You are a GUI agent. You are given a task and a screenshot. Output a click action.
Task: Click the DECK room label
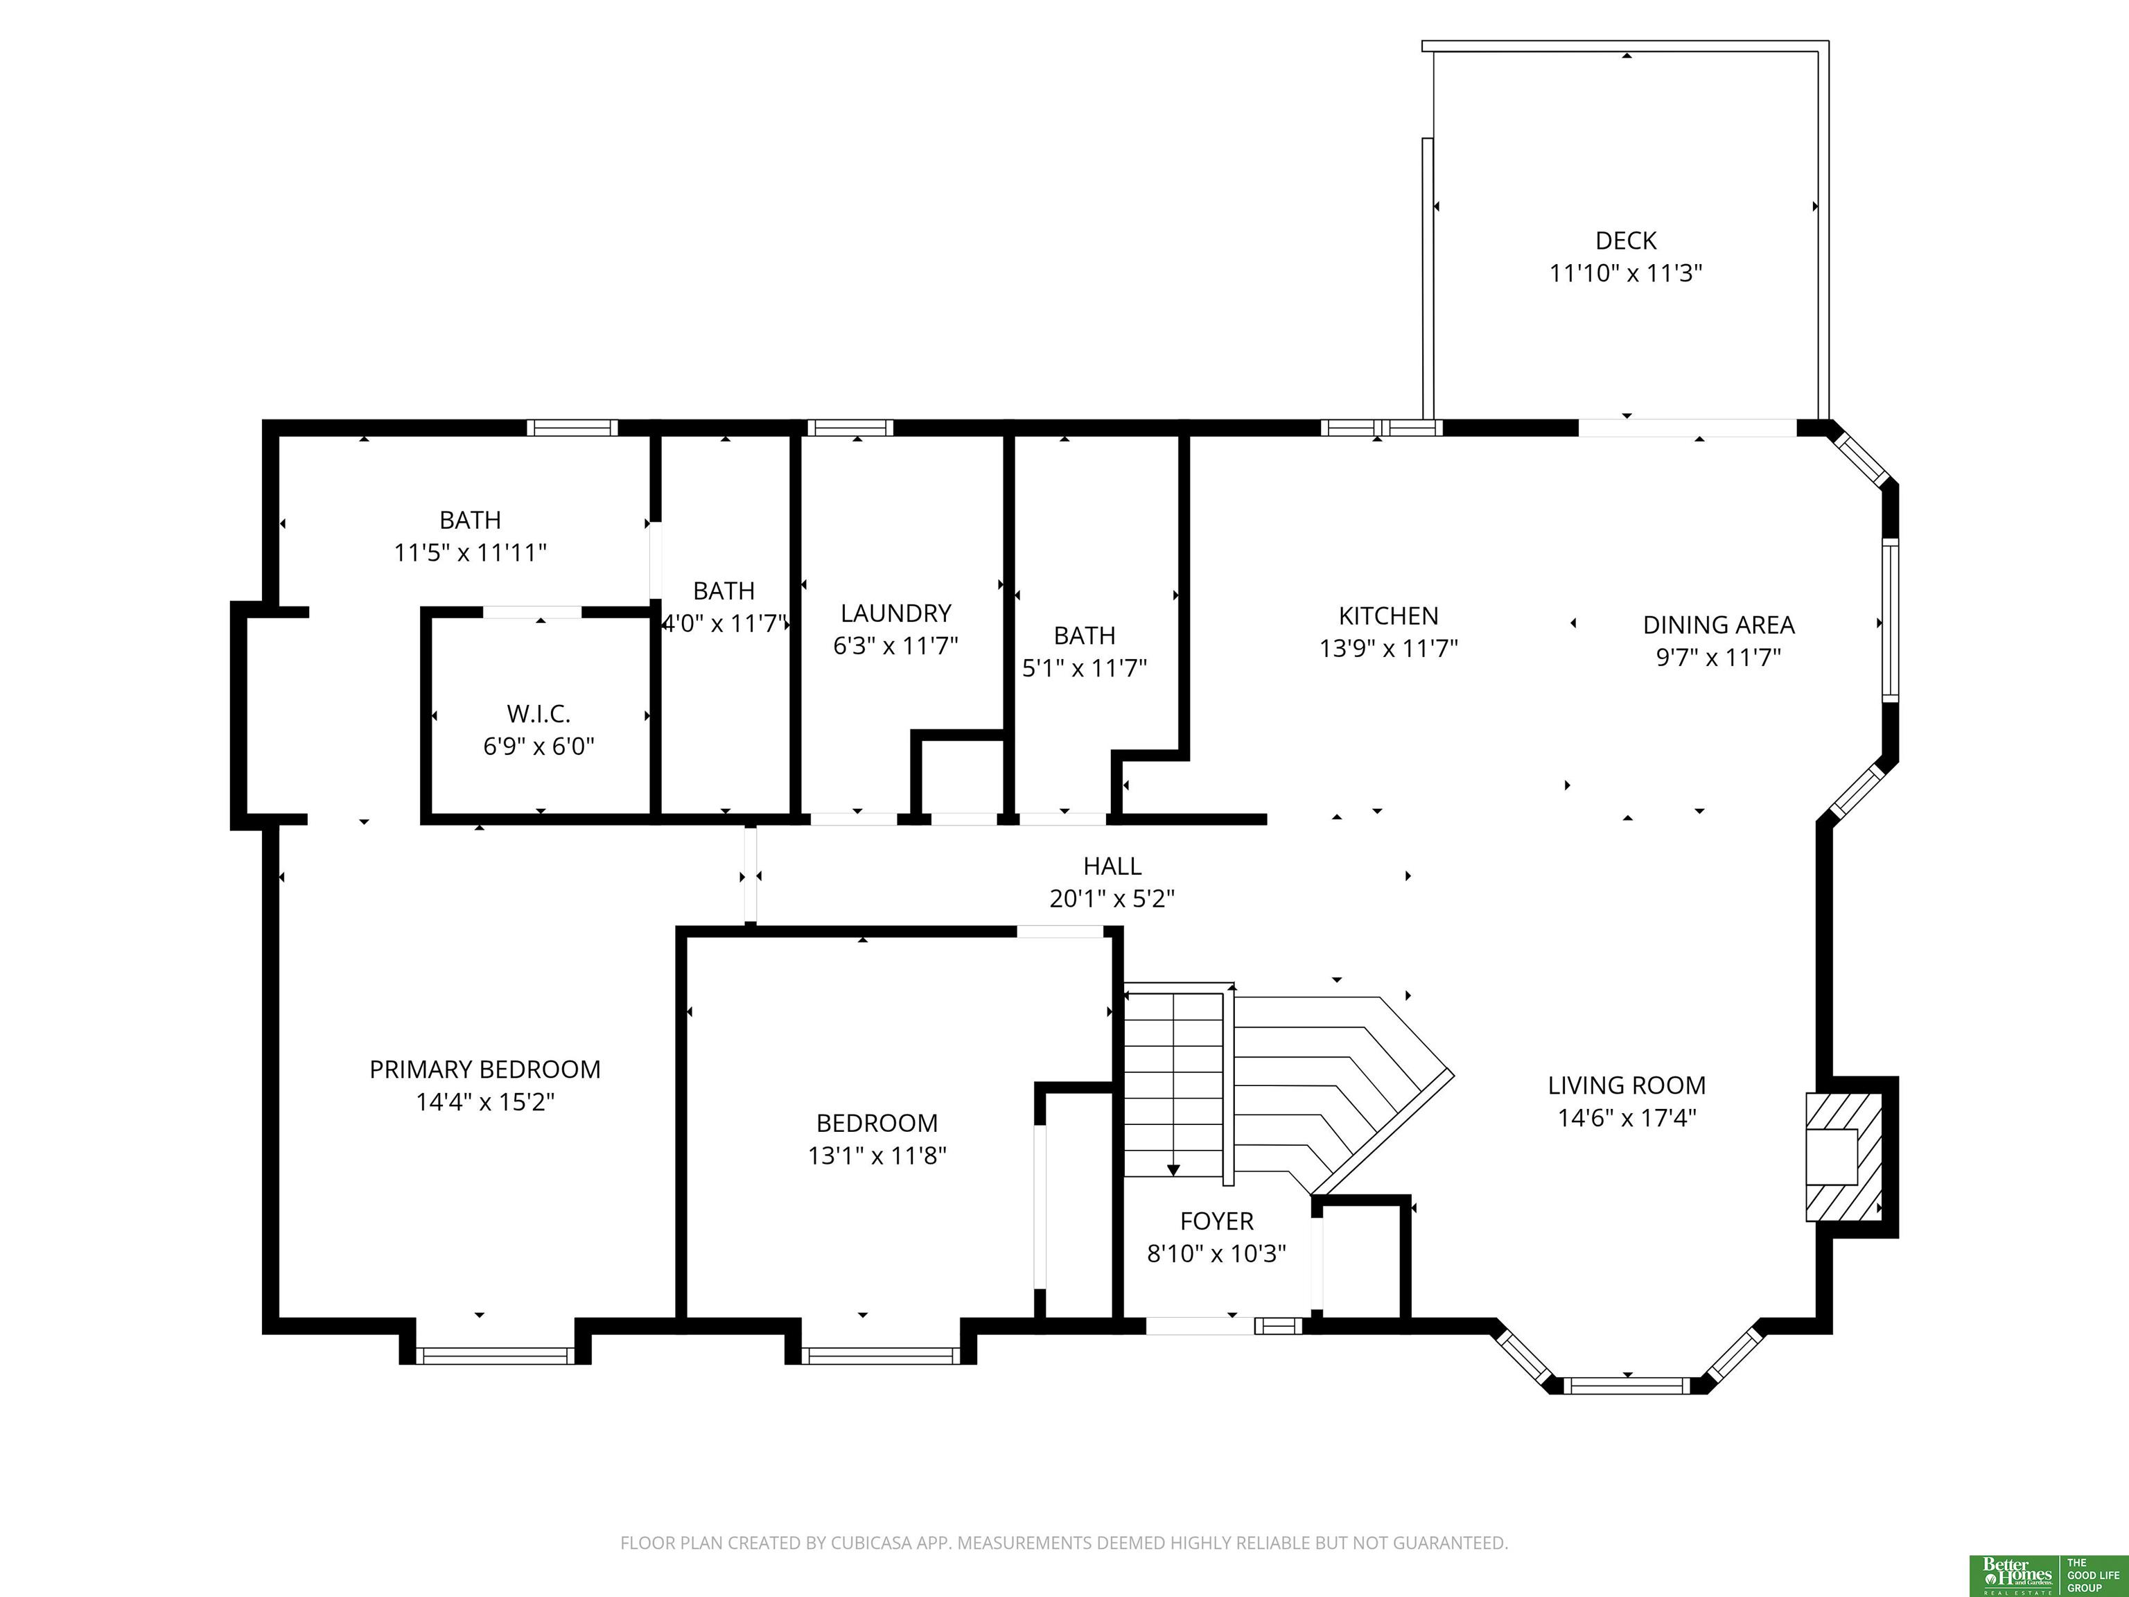pyautogui.click(x=1626, y=241)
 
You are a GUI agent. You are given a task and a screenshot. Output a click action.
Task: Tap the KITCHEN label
pyautogui.click(x=1388, y=616)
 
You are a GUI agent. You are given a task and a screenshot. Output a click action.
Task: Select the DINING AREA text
pyautogui.click(x=1718, y=625)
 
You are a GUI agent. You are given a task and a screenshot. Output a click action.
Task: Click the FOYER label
pyautogui.click(x=1216, y=1221)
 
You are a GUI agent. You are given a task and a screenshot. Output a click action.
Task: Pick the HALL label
pyautogui.click(x=1112, y=866)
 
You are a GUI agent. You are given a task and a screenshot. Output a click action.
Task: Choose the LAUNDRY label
pyautogui.click(x=895, y=613)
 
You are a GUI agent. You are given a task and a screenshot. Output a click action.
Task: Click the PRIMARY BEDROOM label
pyautogui.click(x=485, y=1070)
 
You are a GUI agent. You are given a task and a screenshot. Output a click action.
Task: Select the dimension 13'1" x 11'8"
pyautogui.click(x=877, y=1155)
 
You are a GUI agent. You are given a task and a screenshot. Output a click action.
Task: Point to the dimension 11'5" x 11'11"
pyautogui.click(x=470, y=552)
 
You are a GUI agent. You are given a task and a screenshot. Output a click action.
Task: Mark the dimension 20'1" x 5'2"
pyautogui.click(x=1112, y=899)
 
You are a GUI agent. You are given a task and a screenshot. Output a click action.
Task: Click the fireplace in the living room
pyautogui.click(x=1843, y=1157)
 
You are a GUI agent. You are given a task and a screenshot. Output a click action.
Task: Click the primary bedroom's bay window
pyautogui.click(x=495, y=1355)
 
